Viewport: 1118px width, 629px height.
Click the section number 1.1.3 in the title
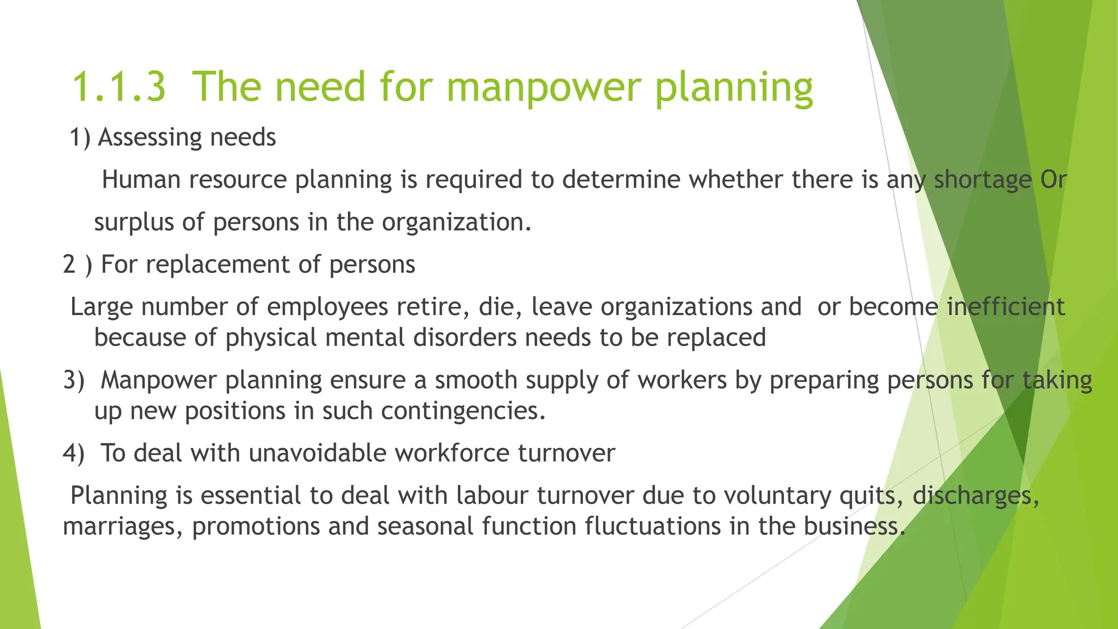(x=118, y=87)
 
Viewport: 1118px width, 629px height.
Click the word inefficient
(x=1005, y=307)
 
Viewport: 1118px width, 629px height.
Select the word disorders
(x=465, y=337)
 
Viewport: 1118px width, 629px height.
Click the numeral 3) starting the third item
(x=74, y=380)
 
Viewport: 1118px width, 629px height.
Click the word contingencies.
(x=463, y=411)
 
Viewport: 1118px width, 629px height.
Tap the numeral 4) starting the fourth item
(x=74, y=453)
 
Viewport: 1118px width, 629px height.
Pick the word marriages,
(x=123, y=526)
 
